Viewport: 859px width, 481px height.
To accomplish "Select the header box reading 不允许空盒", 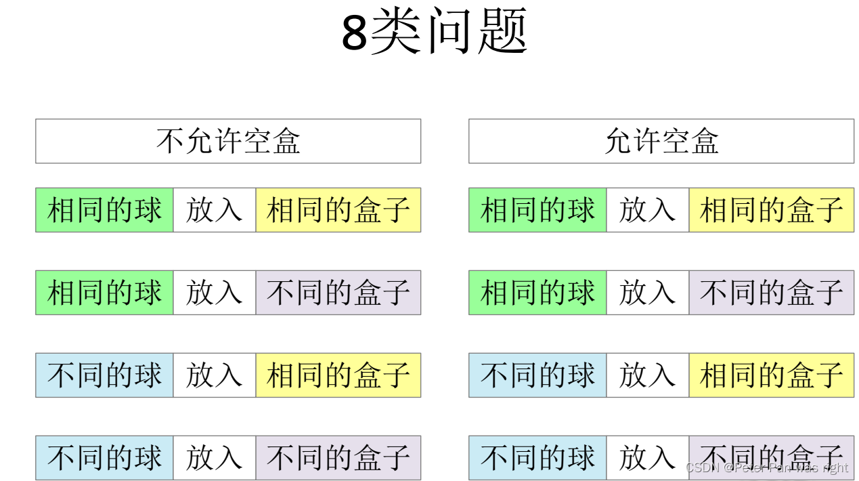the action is pos(228,141).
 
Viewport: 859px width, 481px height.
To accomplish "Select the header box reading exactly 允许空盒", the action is pos(661,141).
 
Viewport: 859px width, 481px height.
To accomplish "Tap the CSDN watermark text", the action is pos(766,467).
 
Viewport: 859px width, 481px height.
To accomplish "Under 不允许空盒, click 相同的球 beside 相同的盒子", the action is pos(104,210).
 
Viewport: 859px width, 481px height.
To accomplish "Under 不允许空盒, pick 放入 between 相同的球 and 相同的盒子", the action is pos(214,210).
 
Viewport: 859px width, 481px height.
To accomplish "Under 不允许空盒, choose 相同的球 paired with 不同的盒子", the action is pos(104,293).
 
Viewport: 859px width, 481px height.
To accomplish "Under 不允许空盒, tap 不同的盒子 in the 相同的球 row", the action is pos(338,293).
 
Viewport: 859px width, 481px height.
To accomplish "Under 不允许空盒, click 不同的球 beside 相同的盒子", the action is pos(104,375).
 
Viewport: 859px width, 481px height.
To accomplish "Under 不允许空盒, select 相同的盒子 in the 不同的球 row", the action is pos(338,375).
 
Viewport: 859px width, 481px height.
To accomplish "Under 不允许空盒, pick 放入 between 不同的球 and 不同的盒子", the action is pos(214,458).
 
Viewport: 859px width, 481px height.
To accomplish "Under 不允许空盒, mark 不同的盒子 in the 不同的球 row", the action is pos(338,458).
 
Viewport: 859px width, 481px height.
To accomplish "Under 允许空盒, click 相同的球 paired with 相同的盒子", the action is pos(537,210).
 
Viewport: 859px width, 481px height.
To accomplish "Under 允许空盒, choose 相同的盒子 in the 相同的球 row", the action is pos(771,210).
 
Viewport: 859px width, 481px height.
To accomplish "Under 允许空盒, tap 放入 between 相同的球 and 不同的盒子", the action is pos(647,293).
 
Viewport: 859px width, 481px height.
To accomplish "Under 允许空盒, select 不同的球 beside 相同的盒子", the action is pos(537,375).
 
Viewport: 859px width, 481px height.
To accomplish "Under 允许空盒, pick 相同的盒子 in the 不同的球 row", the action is pos(771,375).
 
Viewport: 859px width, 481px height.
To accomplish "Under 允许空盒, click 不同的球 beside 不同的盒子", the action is pos(537,458).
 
